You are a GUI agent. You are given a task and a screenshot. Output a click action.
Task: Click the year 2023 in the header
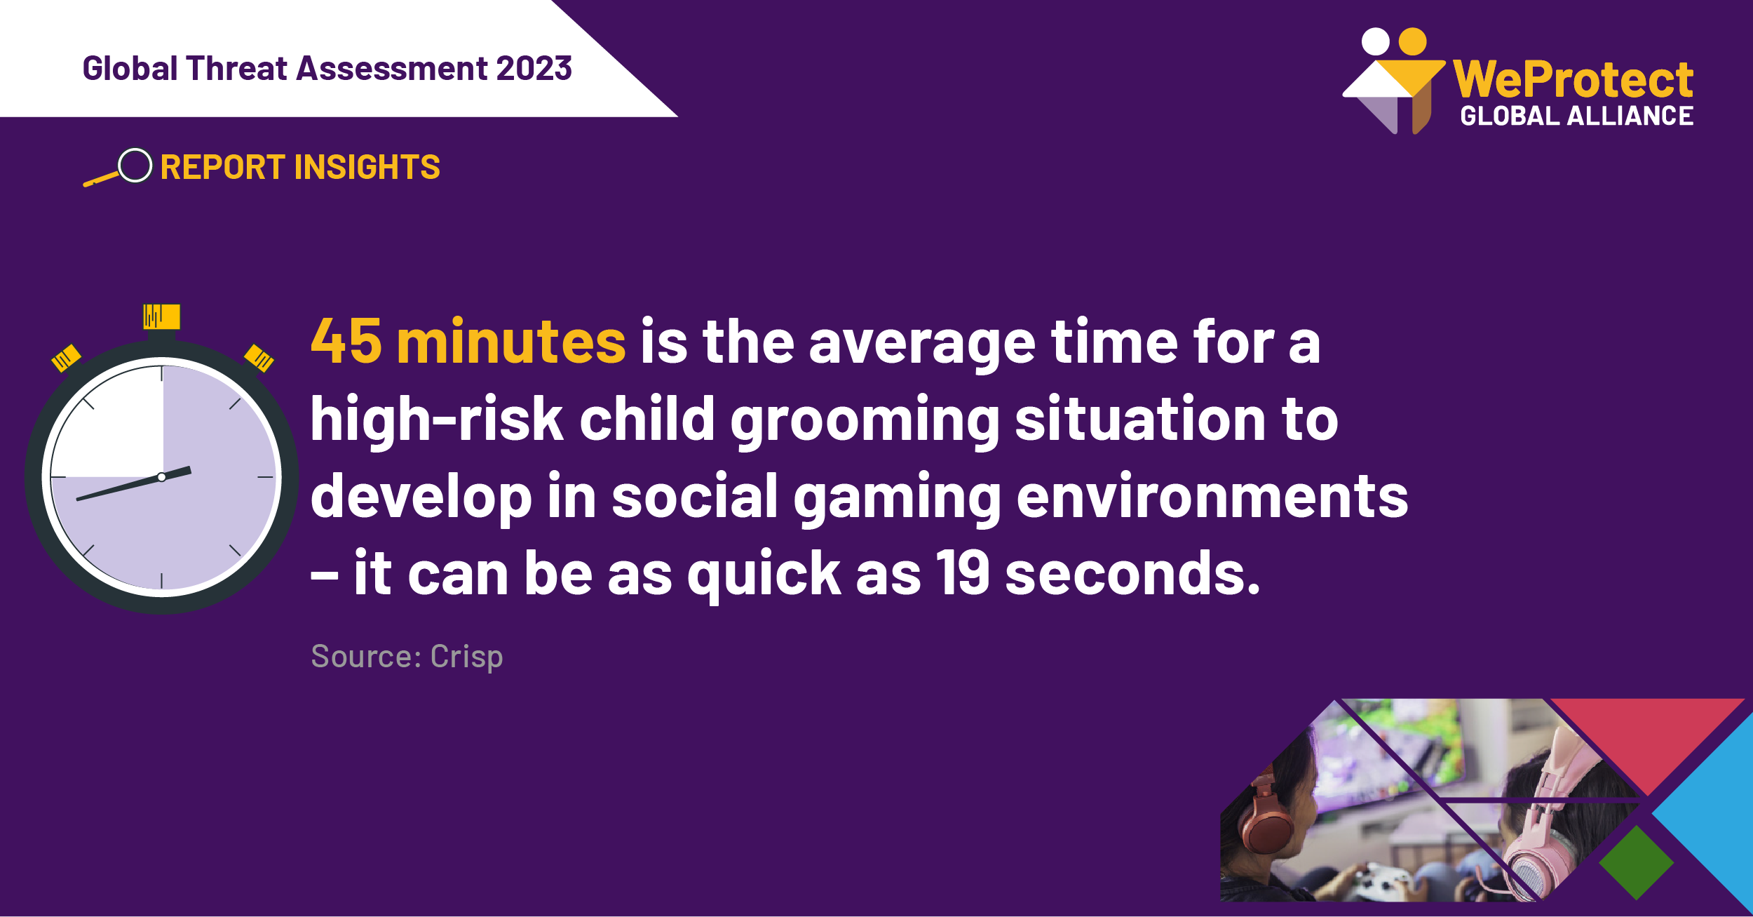click(534, 69)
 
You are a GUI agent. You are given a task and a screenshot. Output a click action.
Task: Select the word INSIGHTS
click(367, 168)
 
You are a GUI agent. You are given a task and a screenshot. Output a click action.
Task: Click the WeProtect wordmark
click(1573, 79)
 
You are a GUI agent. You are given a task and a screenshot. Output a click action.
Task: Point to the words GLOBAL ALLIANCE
click(1576, 116)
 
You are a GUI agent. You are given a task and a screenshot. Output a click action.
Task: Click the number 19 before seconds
click(963, 573)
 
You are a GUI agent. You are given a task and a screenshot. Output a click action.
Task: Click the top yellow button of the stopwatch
click(162, 316)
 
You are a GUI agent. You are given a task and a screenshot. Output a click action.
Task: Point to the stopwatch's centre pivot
click(162, 477)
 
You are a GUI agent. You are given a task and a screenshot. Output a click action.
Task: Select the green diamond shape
click(1637, 863)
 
